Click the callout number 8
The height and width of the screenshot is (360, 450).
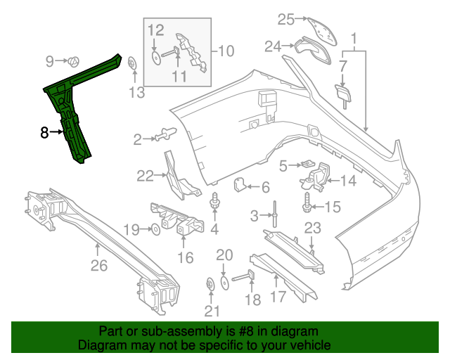point(44,131)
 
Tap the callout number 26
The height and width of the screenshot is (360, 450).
point(98,265)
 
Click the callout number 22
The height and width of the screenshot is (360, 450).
point(145,176)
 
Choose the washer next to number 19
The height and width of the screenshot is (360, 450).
point(154,229)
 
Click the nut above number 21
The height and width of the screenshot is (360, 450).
point(210,284)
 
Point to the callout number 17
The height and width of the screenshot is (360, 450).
point(278,297)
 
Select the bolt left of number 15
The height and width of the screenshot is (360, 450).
point(307,205)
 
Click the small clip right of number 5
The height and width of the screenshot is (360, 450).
point(308,165)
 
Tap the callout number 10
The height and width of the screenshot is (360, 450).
point(225,51)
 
